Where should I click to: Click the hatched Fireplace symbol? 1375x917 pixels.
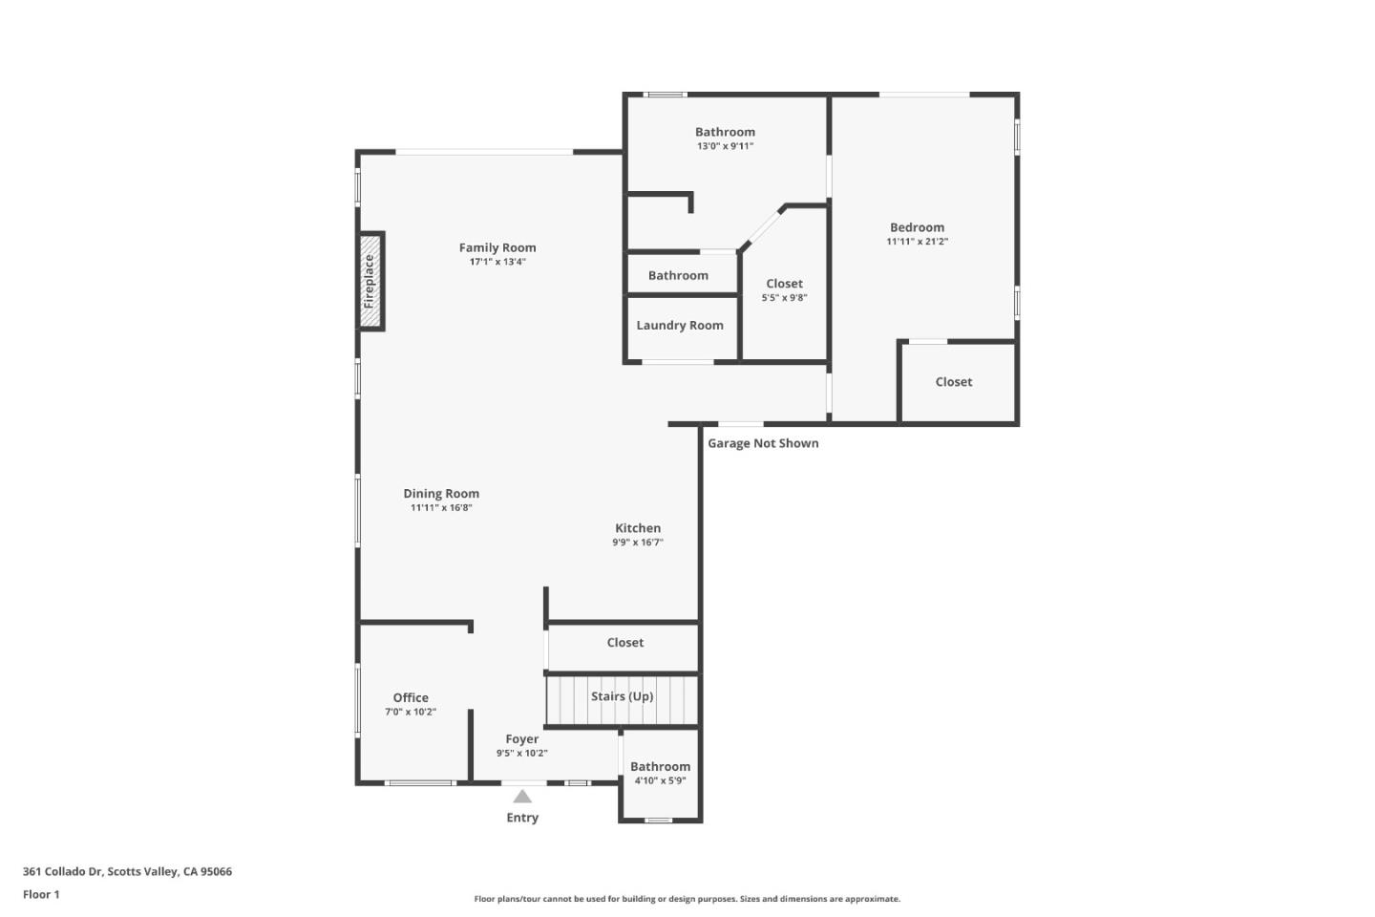(x=370, y=281)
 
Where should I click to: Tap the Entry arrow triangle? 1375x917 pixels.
(x=522, y=797)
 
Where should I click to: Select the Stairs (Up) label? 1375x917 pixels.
(x=622, y=696)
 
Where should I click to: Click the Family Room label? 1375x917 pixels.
(x=497, y=247)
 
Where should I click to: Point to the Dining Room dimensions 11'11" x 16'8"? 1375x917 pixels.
(x=441, y=508)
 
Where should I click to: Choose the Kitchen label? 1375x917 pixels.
(x=638, y=528)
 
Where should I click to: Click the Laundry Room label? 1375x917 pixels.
(x=680, y=326)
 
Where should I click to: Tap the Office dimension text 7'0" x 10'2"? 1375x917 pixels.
(x=411, y=712)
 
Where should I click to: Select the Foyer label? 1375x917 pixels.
(x=522, y=739)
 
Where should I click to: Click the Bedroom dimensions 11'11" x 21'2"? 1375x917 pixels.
(x=917, y=242)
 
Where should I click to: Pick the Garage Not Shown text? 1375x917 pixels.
(x=763, y=443)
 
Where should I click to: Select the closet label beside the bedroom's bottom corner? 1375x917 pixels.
(x=954, y=382)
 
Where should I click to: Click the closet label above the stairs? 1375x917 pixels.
(x=625, y=643)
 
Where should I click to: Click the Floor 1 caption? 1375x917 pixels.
(x=41, y=895)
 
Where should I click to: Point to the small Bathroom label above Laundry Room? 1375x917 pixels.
(x=678, y=276)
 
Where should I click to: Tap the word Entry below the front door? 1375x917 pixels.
(x=522, y=818)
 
